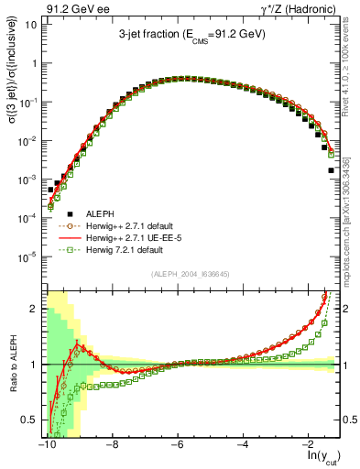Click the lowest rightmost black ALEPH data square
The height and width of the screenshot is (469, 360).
pyautogui.click(x=331, y=170)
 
